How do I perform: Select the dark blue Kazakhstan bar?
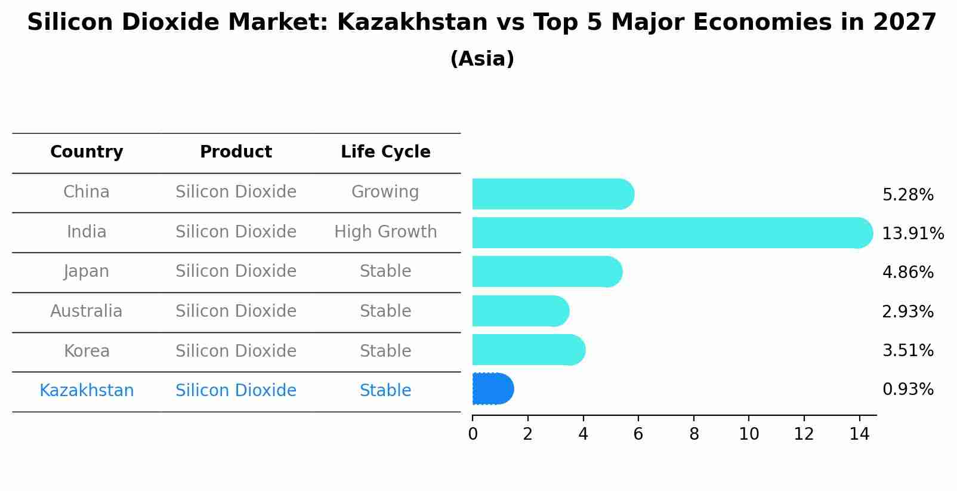pyautogui.click(x=492, y=389)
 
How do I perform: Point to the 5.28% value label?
pyautogui.click(x=907, y=195)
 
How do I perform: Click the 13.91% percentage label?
pyautogui.click(x=912, y=233)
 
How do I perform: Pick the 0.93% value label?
pyautogui.click(x=907, y=390)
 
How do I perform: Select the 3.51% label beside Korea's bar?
pyautogui.click(x=907, y=350)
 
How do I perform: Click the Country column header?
pyautogui.click(x=87, y=152)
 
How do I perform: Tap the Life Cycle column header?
pyautogui.click(x=385, y=152)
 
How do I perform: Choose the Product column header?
pyautogui.click(x=236, y=152)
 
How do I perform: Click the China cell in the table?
pyautogui.click(x=87, y=192)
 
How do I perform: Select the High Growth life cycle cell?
pyautogui.click(x=385, y=231)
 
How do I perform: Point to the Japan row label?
pyautogui.click(x=87, y=271)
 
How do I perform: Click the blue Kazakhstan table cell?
pyautogui.click(x=87, y=391)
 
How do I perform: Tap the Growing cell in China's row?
pyautogui.click(x=385, y=192)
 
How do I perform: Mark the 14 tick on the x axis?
pyautogui.click(x=859, y=434)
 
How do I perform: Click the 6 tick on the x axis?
pyautogui.click(x=638, y=434)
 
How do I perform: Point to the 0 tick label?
pyautogui.click(x=473, y=434)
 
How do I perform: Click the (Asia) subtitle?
pyautogui.click(x=482, y=59)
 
